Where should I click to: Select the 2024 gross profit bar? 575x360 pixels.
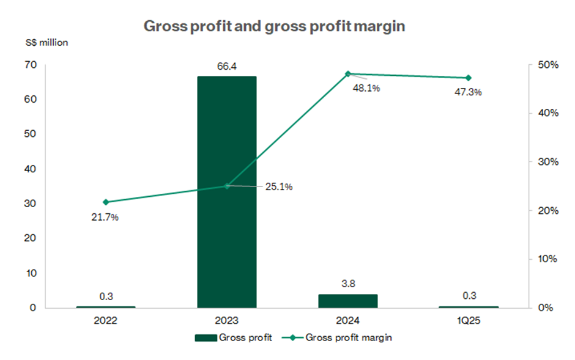pos(347,301)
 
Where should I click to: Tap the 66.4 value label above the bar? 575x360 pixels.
pos(226,67)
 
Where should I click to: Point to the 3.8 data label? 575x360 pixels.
pos(347,284)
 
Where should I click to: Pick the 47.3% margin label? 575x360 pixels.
pos(469,92)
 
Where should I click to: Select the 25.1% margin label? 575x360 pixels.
pos(280,186)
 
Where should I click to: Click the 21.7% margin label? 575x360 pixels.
pos(105,217)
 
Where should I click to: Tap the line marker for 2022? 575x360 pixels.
pos(106,202)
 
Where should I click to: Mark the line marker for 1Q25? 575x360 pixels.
pos(469,78)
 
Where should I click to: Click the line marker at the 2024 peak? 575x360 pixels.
pos(347,74)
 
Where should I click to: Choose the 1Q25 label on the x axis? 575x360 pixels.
pos(469,320)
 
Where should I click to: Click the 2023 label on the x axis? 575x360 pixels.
pos(226,320)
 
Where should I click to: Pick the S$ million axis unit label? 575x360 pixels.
pos(48,43)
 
